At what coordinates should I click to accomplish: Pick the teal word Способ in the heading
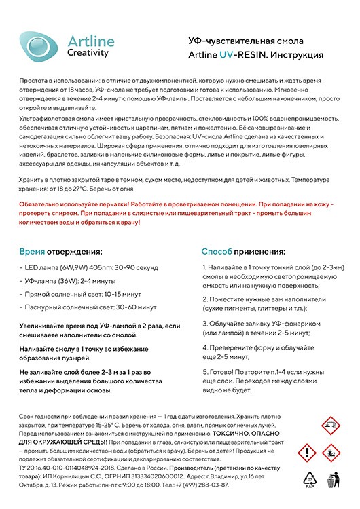point(217,251)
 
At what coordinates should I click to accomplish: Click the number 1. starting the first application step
point(205,267)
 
